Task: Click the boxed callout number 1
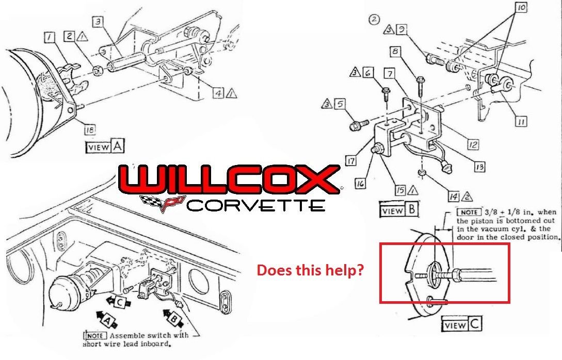click(x=50, y=37)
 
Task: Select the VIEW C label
click(x=462, y=325)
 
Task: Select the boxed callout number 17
click(x=351, y=161)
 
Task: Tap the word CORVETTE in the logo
click(x=255, y=205)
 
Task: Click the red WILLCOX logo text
click(x=229, y=179)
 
